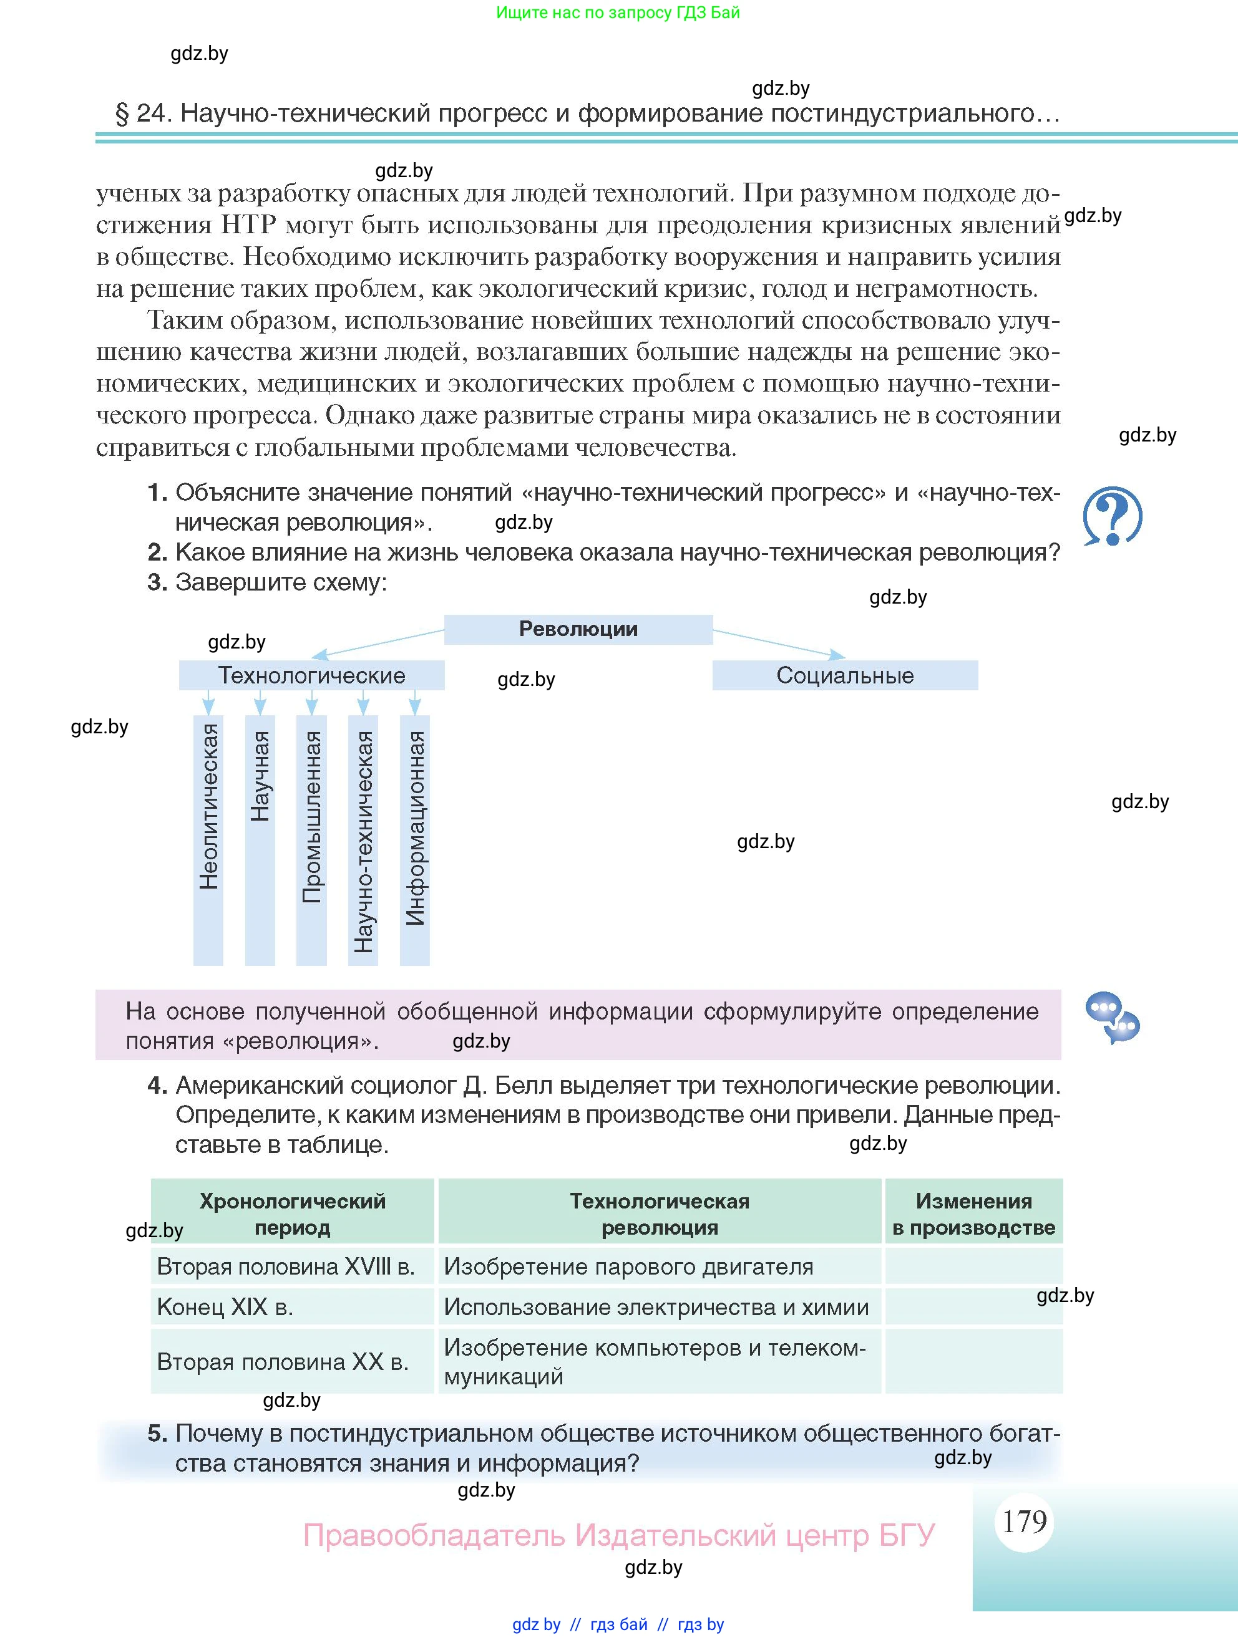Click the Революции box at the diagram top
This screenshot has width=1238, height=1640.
(x=578, y=629)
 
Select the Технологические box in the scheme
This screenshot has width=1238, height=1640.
(x=311, y=675)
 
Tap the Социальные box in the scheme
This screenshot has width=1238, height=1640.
(x=845, y=675)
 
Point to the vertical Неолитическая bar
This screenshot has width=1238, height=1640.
(x=208, y=839)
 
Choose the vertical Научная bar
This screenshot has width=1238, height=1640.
(x=260, y=839)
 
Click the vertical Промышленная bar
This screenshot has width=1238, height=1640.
(x=311, y=839)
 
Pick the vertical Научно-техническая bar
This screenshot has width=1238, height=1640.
(x=363, y=839)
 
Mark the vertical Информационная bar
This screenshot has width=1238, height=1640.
(x=415, y=839)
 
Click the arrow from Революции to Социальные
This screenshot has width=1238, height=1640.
(x=779, y=643)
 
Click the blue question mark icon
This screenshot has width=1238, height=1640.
(x=1112, y=517)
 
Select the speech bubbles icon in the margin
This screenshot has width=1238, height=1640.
(x=1112, y=1017)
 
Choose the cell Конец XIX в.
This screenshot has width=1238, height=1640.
(x=292, y=1307)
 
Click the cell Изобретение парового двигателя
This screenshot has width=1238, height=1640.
(x=660, y=1266)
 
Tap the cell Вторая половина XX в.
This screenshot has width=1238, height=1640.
(x=292, y=1362)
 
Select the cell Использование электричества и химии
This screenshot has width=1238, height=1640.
(x=660, y=1307)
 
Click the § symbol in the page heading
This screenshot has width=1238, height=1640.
(x=122, y=113)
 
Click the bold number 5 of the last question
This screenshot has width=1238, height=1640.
(x=157, y=1433)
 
